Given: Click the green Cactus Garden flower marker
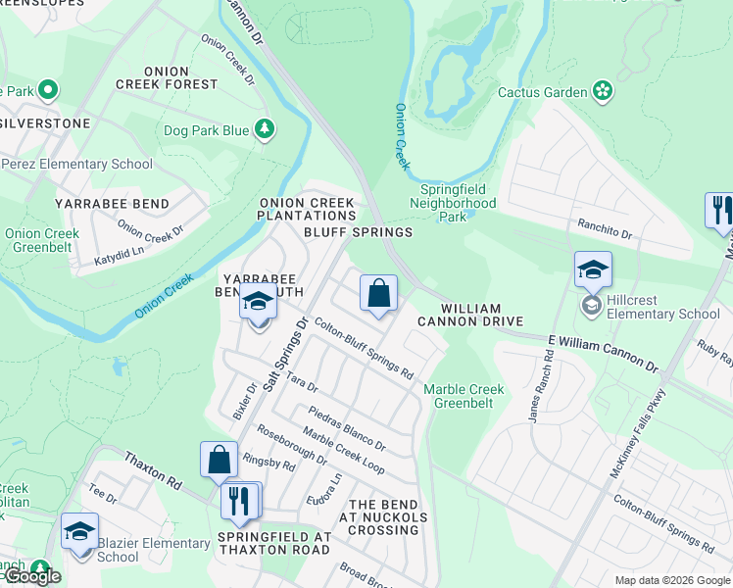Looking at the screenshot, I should pyautogui.click(x=603, y=92).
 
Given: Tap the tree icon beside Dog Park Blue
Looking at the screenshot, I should pyautogui.click(x=264, y=129).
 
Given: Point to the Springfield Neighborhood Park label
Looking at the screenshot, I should pyautogui.click(x=458, y=203).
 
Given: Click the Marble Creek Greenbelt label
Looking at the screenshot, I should pyautogui.click(x=464, y=396).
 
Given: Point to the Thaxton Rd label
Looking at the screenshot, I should pyautogui.click(x=153, y=470).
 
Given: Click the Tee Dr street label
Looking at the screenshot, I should pyautogui.click(x=102, y=495).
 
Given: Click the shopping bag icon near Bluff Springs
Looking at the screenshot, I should pyautogui.click(x=378, y=293).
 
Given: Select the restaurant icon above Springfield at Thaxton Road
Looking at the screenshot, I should pyautogui.click(x=239, y=501).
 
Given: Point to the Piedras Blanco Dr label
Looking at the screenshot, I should pyautogui.click(x=346, y=428).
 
